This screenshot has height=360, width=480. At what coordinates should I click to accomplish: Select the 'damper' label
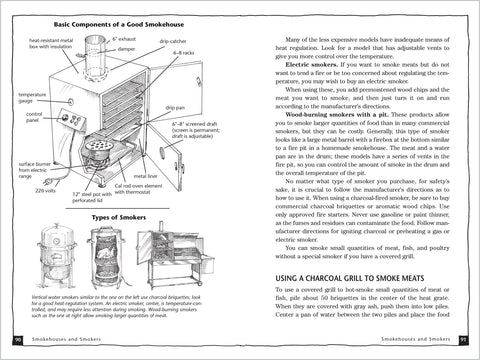click(125, 48)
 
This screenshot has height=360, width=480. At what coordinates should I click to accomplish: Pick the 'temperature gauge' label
click(31, 98)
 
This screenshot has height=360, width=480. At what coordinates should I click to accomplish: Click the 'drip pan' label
click(175, 107)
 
